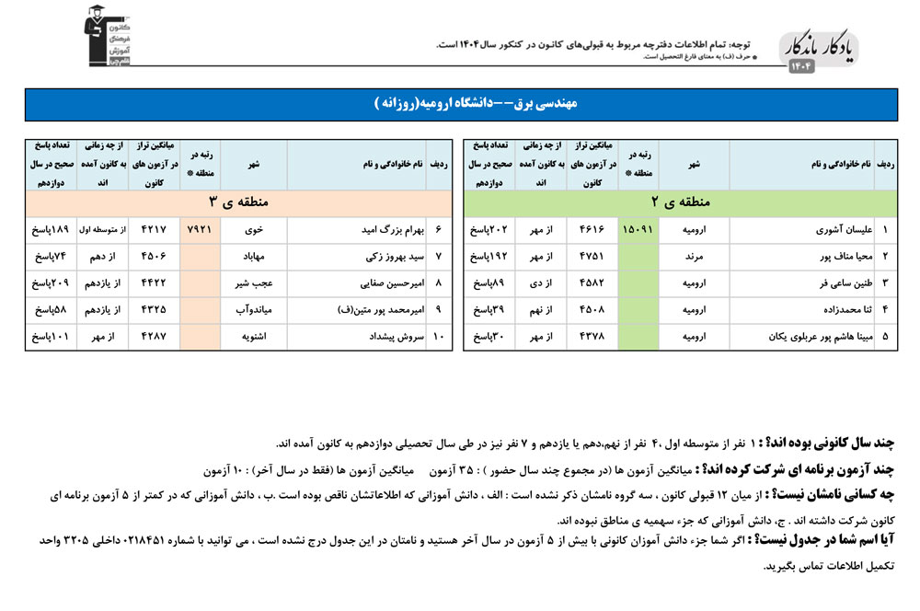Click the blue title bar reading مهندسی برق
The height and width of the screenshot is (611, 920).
pyautogui.click(x=460, y=105)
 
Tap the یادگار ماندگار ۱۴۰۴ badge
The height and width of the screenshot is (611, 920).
pyautogui.click(x=820, y=52)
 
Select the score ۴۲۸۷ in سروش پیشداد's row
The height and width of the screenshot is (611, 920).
pyautogui.click(x=153, y=338)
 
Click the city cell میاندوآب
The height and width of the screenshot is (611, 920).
pyautogui.click(x=254, y=311)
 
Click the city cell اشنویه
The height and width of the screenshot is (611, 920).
pyautogui.click(x=254, y=338)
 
